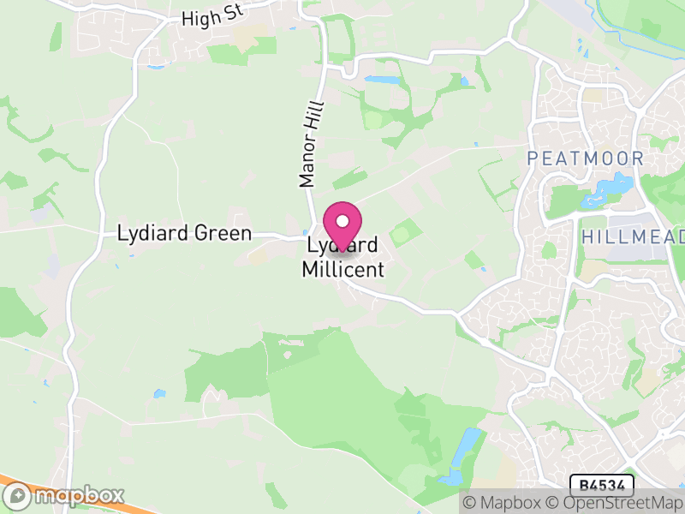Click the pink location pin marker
pyautogui.click(x=342, y=226)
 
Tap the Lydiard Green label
pyautogui.click(x=184, y=233)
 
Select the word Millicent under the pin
pyautogui.click(x=343, y=270)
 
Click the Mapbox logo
pyautogui.click(x=64, y=496)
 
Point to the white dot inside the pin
pyautogui.click(x=342, y=221)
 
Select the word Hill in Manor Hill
pyautogui.click(x=317, y=116)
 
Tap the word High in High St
pyautogui.click(x=196, y=18)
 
